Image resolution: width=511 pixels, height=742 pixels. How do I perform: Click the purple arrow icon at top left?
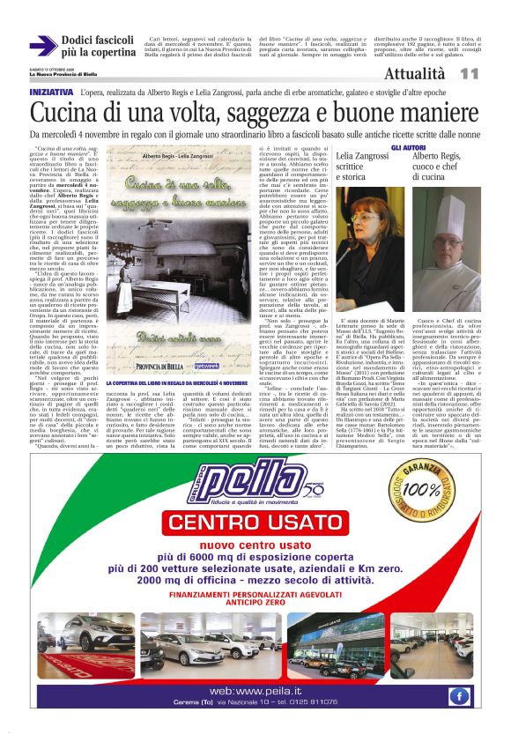[x=43, y=46]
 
